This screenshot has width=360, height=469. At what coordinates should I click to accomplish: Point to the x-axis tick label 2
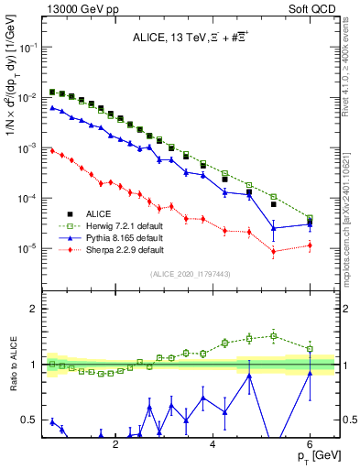coord(115,444)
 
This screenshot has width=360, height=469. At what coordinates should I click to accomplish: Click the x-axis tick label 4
coord(213,444)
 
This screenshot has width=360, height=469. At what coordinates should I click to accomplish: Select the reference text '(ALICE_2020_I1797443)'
coord(191,274)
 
